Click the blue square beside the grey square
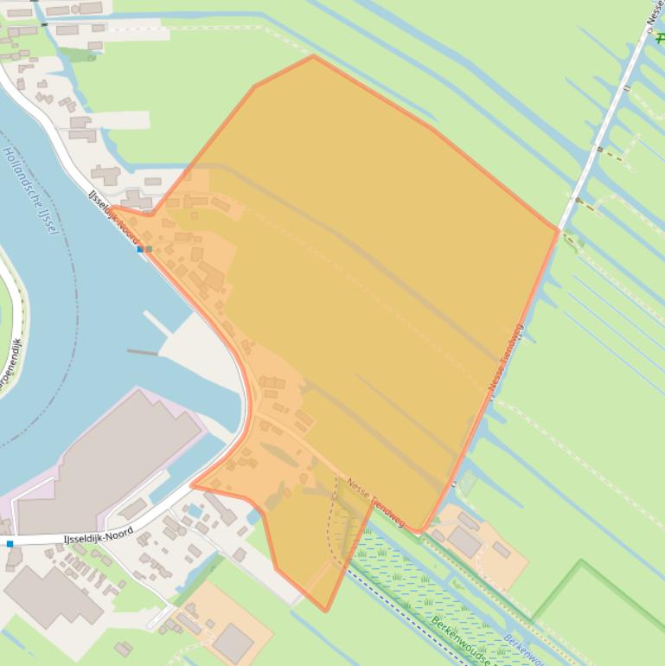[x=140, y=249]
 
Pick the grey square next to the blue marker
[x=149, y=249]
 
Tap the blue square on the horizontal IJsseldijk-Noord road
[x=10, y=544]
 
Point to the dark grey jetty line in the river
[x=142, y=352]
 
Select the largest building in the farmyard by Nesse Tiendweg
[x=464, y=541]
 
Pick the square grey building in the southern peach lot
[x=233, y=643]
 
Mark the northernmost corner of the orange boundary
[x=313, y=56]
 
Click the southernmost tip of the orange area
[x=326, y=611]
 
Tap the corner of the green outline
[x=582, y=561]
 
